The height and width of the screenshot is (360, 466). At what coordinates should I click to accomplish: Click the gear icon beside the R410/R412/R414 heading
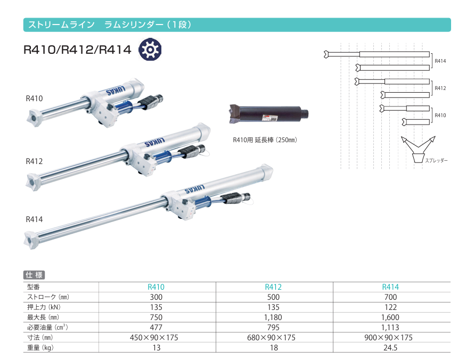[x=150, y=50]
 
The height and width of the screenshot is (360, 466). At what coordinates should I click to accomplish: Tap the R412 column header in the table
[x=273, y=287]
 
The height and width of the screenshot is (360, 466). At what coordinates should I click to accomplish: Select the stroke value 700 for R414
[x=390, y=297]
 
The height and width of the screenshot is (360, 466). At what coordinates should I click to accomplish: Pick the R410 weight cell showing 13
[x=157, y=348]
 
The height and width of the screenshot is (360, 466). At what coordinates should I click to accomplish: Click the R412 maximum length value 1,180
[x=273, y=317]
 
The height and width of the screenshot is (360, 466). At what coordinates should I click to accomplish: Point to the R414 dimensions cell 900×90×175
[x=388, y=338]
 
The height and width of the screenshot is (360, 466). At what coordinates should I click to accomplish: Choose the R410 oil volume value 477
[x=156, y=328]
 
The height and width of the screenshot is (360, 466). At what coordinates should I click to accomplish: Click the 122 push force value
[x=390, y=307]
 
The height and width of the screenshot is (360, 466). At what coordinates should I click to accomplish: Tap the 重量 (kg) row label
[x=40, y=348]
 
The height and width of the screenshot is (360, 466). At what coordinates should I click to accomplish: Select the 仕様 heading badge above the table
[x=34, y=275]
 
